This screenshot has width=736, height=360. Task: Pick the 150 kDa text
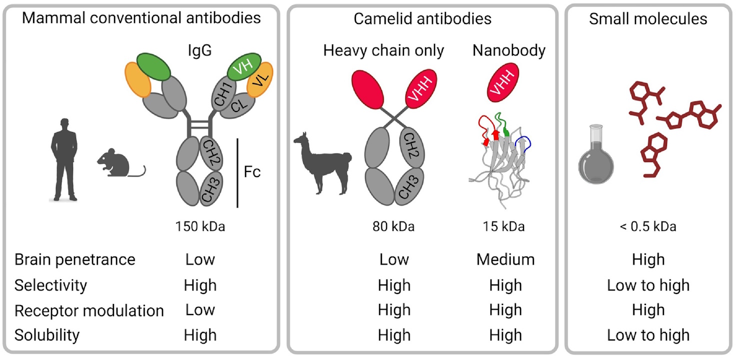(x=200, y=226)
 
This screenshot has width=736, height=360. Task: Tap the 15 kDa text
(x=505, y=226)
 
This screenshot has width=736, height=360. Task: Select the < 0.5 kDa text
(x=648, y=226)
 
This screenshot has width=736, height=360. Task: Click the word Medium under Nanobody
(x=505, y=259)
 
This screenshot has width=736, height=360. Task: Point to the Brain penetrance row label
(x=75, y=259)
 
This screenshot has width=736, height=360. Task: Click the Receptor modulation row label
(x=89, y=310)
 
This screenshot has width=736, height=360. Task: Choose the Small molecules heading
(x=648, y=19)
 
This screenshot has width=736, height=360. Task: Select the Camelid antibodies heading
(x=422, y=19)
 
